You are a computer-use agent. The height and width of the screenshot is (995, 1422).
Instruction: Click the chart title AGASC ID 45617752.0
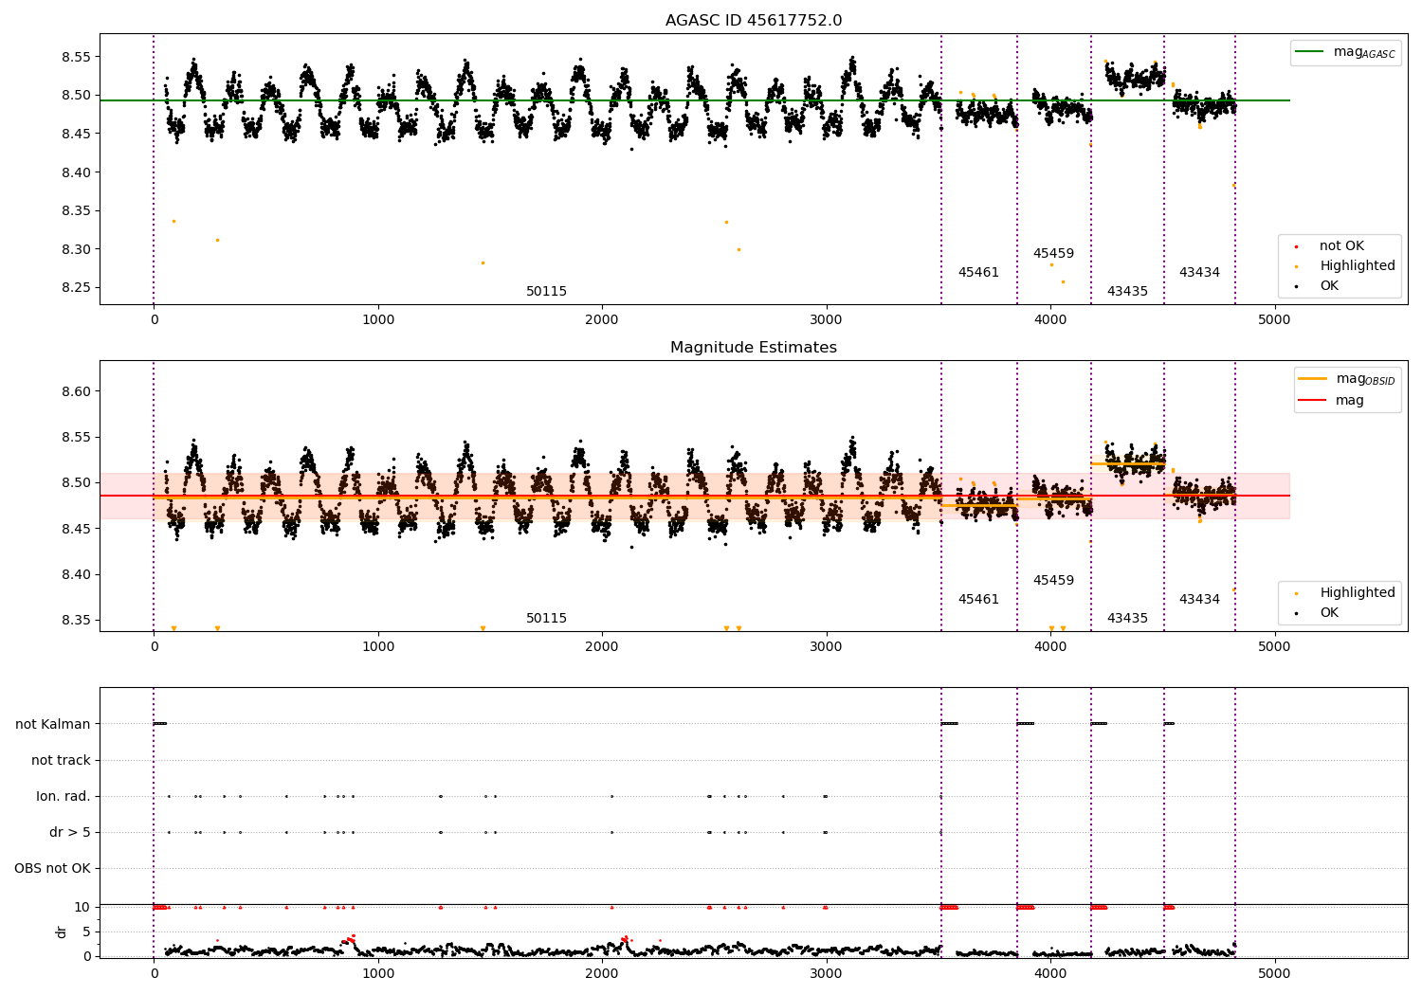click(753, 21)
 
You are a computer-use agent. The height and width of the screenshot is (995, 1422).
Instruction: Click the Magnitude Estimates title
click(753, 348)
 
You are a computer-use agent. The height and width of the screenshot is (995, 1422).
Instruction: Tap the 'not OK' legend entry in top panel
click(1341, 246)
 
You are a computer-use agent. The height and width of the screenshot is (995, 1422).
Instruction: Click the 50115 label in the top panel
click(546, 292)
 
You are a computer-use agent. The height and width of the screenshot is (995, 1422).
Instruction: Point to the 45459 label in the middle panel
click(1053, 580)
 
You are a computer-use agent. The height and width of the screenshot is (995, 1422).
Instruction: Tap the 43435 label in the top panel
click(1127, 292)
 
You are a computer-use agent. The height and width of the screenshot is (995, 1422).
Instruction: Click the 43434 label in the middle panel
click(1199, 599)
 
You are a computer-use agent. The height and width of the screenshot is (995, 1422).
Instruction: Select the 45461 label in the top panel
click(978, 273)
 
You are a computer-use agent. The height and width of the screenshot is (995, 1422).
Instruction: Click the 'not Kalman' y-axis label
click(53, 724)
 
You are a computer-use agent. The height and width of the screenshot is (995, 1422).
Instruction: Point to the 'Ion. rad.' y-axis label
click(64, 796)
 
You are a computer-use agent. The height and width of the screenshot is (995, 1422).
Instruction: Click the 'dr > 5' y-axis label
click(70, 832)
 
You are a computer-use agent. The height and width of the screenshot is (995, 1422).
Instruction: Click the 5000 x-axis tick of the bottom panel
click(1274, 973)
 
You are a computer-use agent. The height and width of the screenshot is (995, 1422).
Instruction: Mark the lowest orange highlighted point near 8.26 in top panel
click(1062, 281)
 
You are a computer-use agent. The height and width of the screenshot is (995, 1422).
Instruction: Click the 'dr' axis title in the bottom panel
click(62, 932)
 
